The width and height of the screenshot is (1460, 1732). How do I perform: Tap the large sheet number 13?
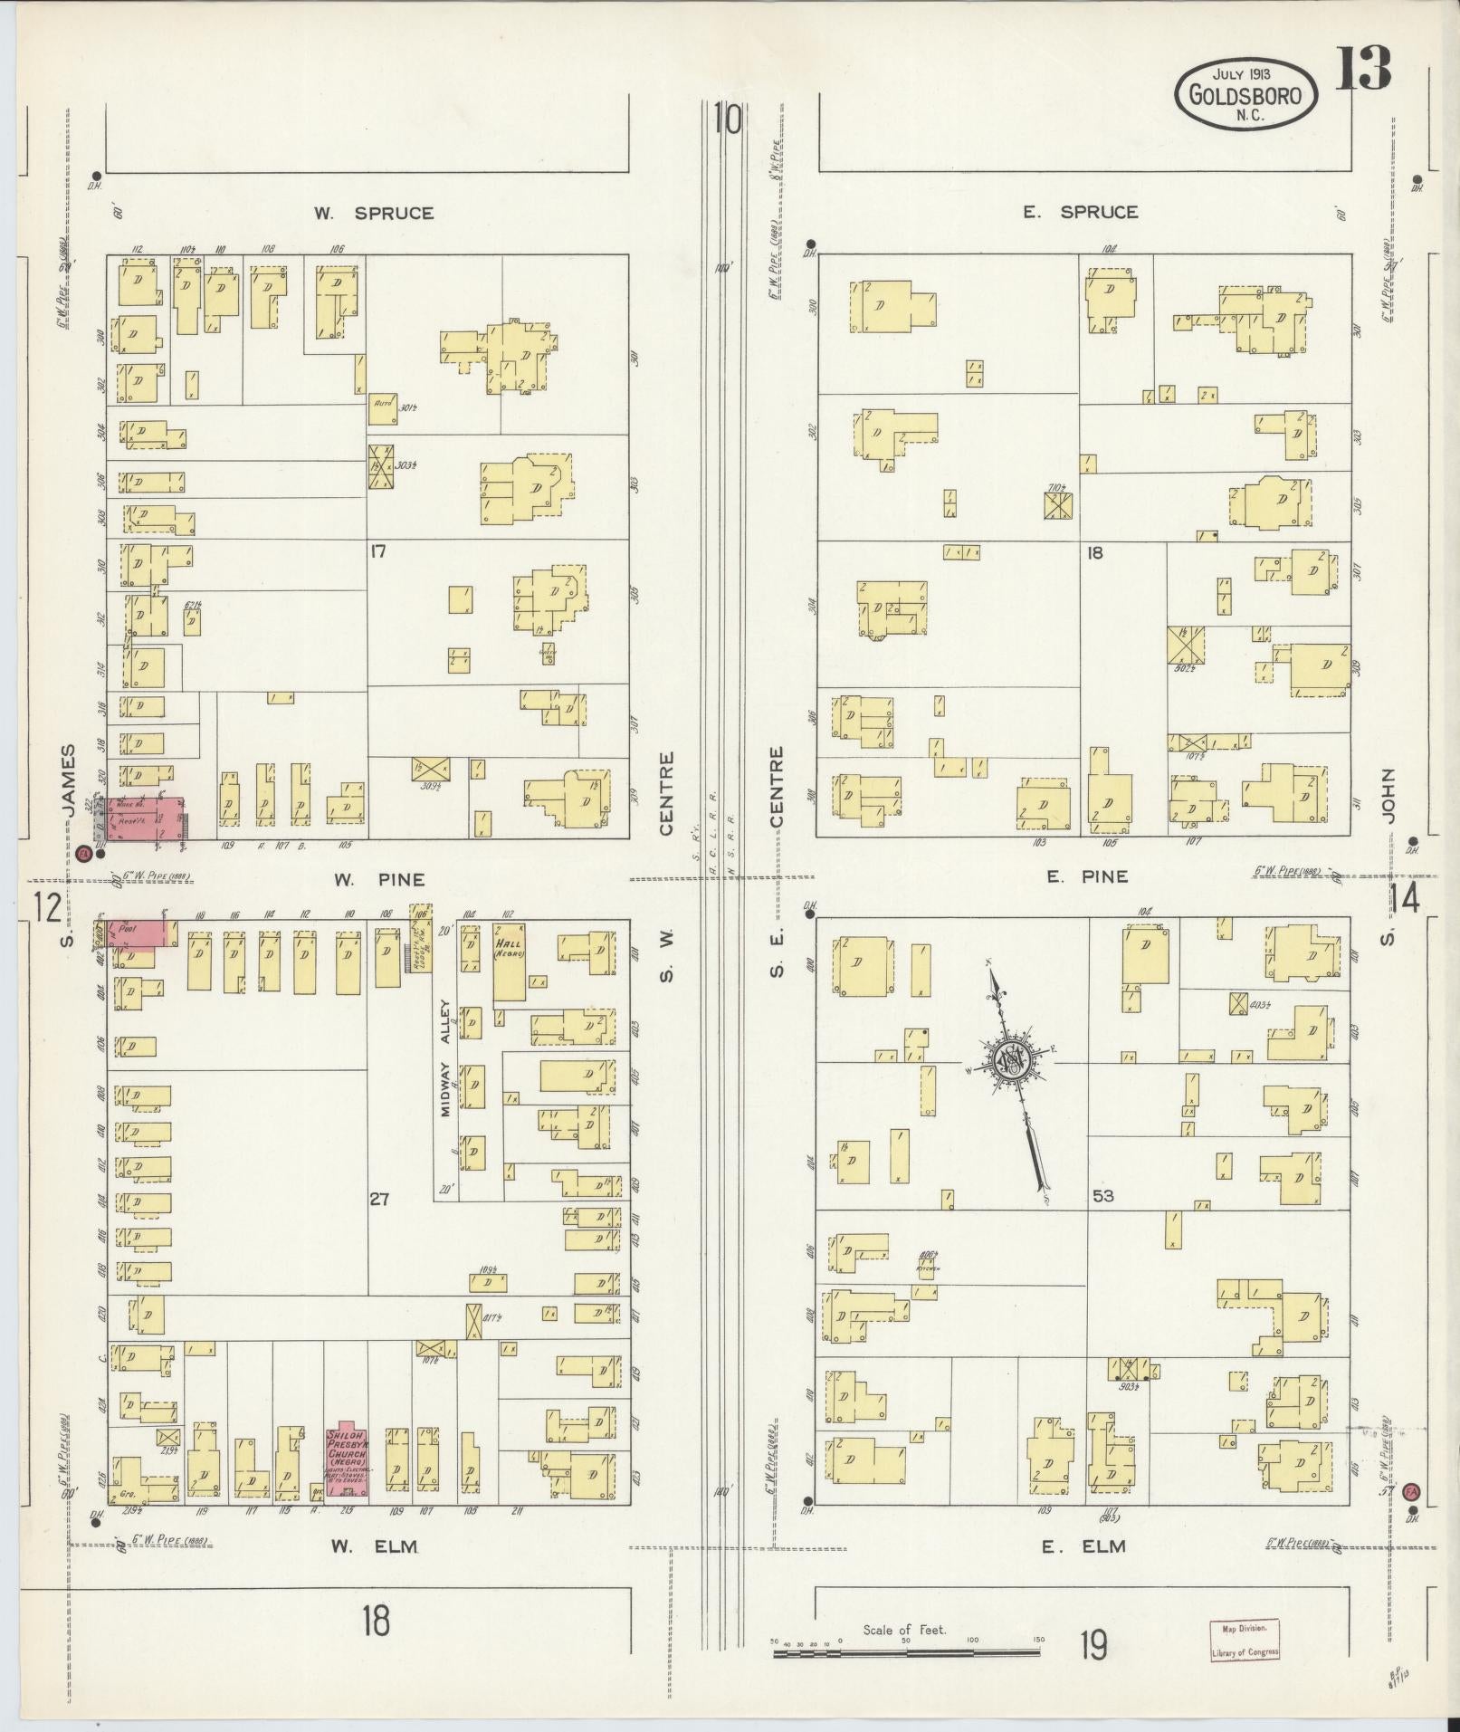(1361, 67)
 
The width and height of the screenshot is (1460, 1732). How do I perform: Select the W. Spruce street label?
(374, 214)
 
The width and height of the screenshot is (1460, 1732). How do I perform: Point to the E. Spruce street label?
(1080, 212)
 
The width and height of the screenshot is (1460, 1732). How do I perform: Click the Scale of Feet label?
(904, 1630)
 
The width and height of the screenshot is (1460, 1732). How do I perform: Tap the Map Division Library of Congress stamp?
(1245, 1640)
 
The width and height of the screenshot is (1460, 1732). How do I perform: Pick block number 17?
(378, 550)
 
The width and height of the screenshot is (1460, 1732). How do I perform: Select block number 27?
(378, 1199)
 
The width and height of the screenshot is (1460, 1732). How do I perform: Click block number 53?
(1102, 1196)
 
